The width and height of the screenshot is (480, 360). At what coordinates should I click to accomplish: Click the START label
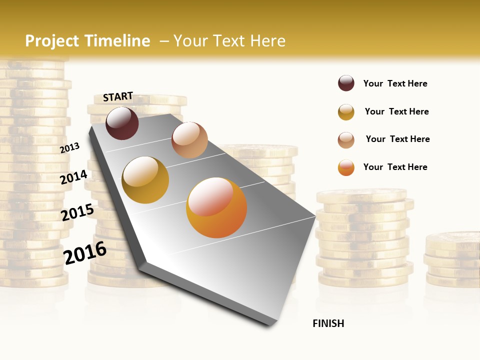[x=118, y=96]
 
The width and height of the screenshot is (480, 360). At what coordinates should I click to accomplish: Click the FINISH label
[x=328, y=323]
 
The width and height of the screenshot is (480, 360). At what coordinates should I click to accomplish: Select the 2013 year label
[x=69, y=147]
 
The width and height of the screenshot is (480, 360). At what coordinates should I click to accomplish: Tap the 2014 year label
[x=73, y=177]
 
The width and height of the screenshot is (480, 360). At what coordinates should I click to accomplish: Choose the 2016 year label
[x=85, y=253]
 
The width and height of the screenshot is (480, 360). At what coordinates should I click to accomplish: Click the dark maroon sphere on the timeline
[x=122, y=123]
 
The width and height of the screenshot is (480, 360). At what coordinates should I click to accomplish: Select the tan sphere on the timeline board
[x=189, y=140]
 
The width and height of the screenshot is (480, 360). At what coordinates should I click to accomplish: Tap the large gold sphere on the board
[x=145, y=180]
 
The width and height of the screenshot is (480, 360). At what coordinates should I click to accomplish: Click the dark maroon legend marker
[x=346, y=83]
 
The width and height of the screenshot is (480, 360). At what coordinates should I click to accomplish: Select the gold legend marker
[x=346, y=112]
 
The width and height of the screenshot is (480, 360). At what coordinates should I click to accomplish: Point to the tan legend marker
[x=346, y=140]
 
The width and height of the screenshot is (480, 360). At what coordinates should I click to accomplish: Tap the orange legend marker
[x=346, y=167]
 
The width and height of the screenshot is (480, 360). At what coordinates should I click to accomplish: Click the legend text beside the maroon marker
[x=395, y=83]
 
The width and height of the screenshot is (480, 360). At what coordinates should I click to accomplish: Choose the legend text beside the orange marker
[x=395, y=167]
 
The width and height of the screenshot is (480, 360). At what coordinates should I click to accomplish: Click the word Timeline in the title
[x=117, y=41]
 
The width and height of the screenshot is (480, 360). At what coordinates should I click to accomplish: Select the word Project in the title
[x=52, y=41]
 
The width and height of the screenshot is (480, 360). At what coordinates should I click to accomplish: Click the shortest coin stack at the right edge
[x=452, y=260]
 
